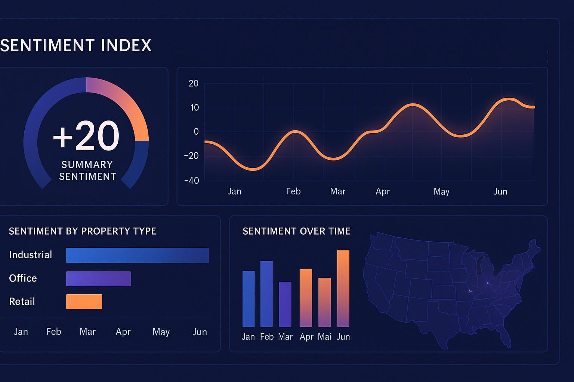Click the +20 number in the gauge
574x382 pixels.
click(86, 136)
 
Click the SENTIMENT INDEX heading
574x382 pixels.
click(76, 46)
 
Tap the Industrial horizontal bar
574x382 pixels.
click(137, 255)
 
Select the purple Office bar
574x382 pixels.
click(98, 279)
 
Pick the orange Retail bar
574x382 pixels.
click(84, 302)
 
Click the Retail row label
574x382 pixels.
click(22, 301)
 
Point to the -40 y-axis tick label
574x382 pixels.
click(192, 181)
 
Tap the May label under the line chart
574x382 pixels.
click(441, 192)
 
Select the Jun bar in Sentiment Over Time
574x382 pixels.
click(343, 288)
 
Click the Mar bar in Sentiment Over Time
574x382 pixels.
click(285, 304)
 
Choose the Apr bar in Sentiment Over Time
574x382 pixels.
click(306, 298)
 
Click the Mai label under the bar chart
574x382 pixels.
click(324, 337)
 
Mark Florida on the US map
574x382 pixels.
click(505, 338)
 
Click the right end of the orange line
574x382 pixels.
click(533, 107)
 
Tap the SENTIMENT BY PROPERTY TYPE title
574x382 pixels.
click(83, 231)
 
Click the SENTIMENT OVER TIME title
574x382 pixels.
click(297, 231)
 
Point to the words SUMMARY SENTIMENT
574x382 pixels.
click(87, 170)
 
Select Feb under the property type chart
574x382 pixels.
click(53, 332)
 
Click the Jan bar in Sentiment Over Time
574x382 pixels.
click(249, 298)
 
